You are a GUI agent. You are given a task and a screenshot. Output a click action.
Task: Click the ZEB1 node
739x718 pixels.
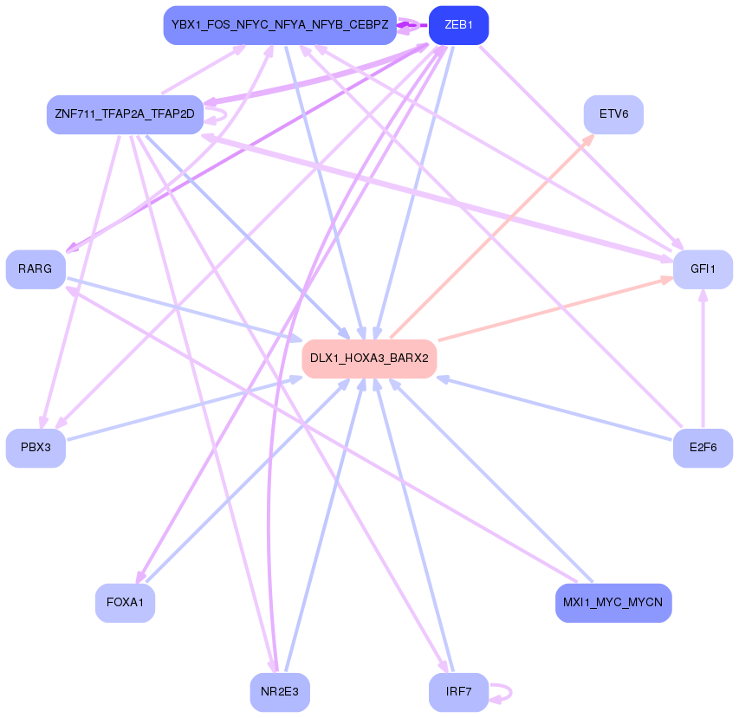[458, 25]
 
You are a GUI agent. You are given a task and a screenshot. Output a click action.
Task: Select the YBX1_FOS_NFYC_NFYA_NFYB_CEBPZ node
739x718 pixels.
[280, 25]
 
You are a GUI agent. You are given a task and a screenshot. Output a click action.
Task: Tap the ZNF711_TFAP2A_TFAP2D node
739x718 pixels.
[125, 114]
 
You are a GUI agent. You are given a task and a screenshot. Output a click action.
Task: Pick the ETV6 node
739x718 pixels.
[613, 114]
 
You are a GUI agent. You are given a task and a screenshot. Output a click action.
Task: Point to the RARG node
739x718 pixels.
[36, 269]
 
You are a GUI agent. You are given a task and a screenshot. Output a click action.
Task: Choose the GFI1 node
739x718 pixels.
[703, 269]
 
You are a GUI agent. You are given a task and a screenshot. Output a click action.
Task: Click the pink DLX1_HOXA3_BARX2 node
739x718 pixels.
[369, 359]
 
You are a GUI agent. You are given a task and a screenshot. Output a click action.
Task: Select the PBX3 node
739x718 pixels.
[36, 448]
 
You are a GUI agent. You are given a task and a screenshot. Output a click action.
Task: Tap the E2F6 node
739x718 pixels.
[703, 448]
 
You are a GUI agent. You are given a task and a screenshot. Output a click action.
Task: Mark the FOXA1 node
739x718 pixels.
[125, 603]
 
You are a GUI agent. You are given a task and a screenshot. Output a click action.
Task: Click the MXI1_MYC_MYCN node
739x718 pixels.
[613, 603]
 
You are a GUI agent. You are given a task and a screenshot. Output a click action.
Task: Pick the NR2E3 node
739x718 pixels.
[280, 692]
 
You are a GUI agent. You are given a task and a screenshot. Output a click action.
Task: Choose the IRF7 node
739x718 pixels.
[458, 692]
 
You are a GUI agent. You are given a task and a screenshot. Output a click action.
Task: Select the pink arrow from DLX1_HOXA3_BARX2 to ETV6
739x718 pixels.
[494, 235]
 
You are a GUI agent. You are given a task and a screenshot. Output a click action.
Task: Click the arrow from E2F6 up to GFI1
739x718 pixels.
[703, 364]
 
